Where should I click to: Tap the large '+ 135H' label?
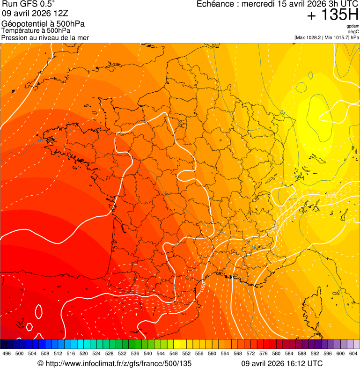coord(333,15)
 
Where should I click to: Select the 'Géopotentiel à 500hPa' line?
coord(43,24)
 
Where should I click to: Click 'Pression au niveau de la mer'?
coord(45,37)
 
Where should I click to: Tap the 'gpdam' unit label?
coord(352,26)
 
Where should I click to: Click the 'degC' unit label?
coord(353,31)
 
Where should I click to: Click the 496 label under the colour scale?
coord(7,353)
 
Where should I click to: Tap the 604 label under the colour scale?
coord(353,353)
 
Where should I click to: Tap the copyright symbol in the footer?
coord(40,363)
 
